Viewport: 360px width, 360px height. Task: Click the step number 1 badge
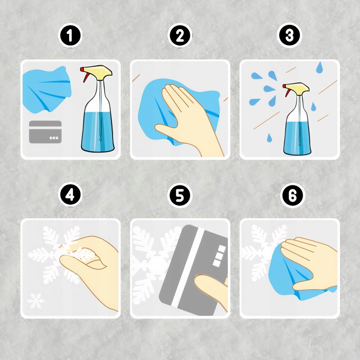click(x=70, y=36)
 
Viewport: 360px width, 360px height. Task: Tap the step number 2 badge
click(x=180, y=36)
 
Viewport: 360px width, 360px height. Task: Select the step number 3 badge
click(x=289, y=36)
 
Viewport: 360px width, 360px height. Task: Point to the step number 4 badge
click(x=70, y=195)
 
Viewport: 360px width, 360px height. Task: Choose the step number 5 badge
click(x=180, y=195)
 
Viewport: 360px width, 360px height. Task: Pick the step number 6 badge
click(x=292, y=195)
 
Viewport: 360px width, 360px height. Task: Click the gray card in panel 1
click(x=45, y=132)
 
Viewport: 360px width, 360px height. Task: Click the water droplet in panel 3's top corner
click(x=319, y=67)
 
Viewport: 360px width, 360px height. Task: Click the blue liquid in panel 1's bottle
click(x=98, y=131)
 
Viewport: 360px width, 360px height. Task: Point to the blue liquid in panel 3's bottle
click(x=297, y=137)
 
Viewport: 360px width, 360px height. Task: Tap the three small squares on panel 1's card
click(x=54, y=138)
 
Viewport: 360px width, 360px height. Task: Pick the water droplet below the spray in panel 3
click(x=269, y=138)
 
